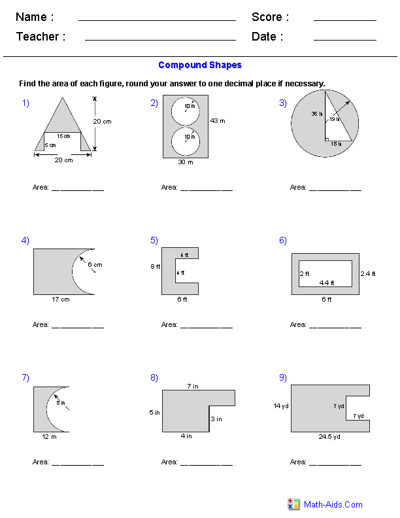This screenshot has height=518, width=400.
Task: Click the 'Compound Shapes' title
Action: [200, 65]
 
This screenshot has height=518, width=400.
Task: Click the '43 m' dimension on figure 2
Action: [218, 120]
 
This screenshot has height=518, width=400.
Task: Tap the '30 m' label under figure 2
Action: [186, 163]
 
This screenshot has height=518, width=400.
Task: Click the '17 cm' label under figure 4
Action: [60, 300]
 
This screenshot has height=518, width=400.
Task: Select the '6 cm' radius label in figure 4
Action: [95, 265]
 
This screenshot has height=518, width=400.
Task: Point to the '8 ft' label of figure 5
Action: [154, 267]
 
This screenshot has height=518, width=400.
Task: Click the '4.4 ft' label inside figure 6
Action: [326, 283]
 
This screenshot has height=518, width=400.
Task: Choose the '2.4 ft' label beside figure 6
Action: [368, 273]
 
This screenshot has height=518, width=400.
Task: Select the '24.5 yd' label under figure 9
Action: [330, 436]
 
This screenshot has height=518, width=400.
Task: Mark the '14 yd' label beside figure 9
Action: [281, 406]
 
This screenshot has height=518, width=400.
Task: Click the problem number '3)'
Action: [283, 103]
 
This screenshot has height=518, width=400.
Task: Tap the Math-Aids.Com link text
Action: [333, 504]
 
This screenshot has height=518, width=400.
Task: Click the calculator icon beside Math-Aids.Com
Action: [293, 504]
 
